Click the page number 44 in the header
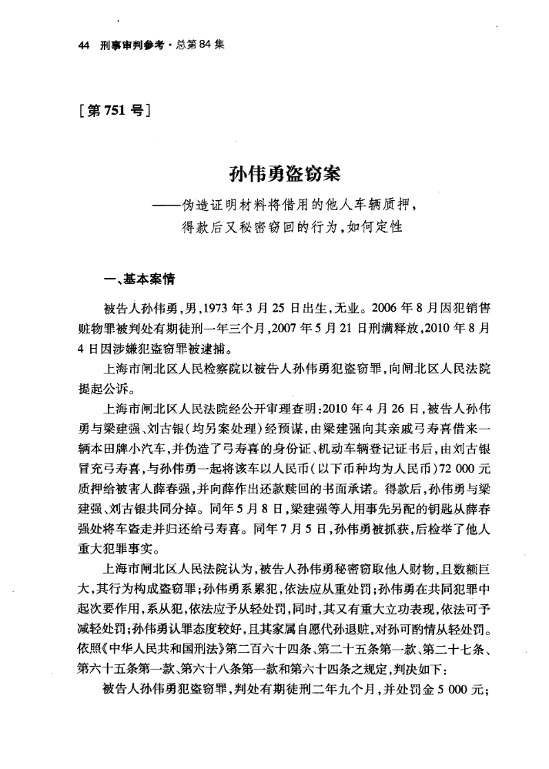85,45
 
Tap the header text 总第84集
199,45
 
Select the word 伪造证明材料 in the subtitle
223,207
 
